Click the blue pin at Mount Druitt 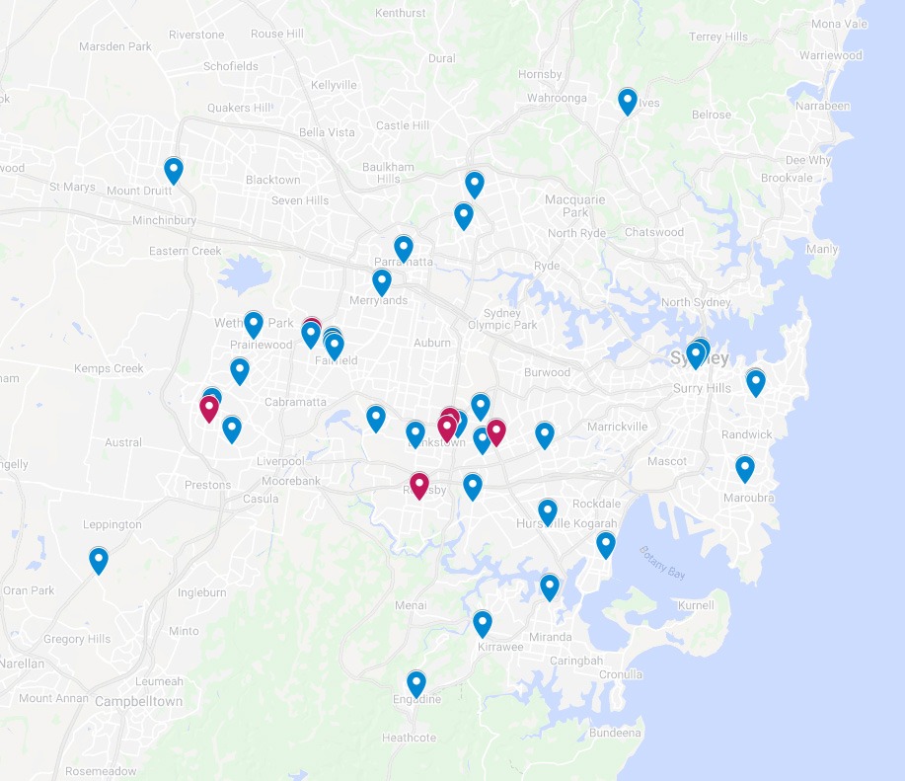tap(174, 170)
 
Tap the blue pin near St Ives tap(628, 101)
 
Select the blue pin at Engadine tap(416, 683)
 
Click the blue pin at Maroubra tap(745, 468)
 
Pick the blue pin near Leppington tap(99, 560)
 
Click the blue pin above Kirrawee tap(483, 623)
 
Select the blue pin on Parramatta tap(403, 248)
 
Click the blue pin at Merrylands tap(382, 281)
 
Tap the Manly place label tap(821, 249)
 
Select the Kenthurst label tap(402, 13)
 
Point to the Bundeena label tap(615, 733)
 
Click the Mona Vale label tap(838, 51)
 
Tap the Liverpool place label tap(279, 461)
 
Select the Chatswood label tap(654, 232)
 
